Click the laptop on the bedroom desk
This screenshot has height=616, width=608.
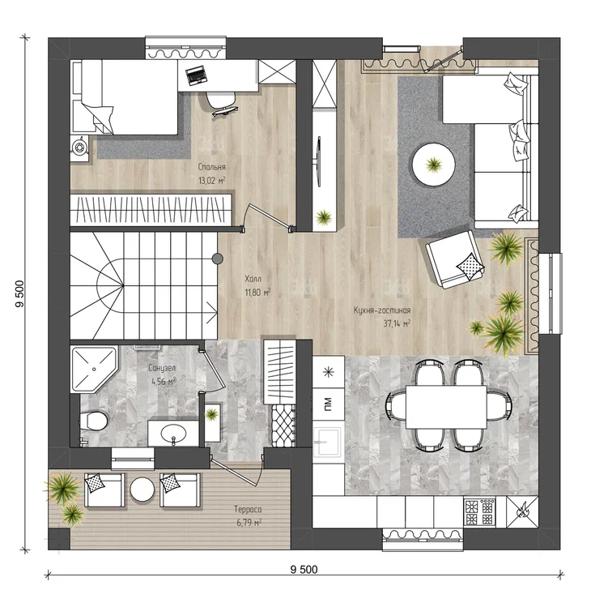click(196, 75)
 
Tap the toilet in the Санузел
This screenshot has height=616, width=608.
click(93, 421)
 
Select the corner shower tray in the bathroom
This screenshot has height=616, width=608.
click(94, 369)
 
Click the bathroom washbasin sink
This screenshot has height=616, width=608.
click(173, 434)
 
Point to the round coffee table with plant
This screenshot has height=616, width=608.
click(434, 165)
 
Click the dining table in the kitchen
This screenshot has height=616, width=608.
click(446, 407)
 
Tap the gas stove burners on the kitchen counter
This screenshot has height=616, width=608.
click(479, 511)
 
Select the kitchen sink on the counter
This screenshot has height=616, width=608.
click(326, 442)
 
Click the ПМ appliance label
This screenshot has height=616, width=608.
click(328, 404)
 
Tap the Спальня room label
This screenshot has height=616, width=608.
click(211, 167)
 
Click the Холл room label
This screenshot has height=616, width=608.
click(253, 279)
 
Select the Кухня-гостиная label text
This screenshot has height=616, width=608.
click(382, 310)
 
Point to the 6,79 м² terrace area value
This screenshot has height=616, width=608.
click(249, 523)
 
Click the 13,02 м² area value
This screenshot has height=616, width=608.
click(212, 181)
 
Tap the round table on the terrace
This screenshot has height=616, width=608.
click(142, 489)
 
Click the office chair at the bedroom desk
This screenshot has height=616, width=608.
click(220, 103)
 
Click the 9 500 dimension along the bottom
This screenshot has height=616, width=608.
click(304, 569)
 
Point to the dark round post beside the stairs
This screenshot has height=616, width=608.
click(218, 259)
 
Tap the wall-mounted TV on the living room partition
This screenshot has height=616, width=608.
click(319, 161)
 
